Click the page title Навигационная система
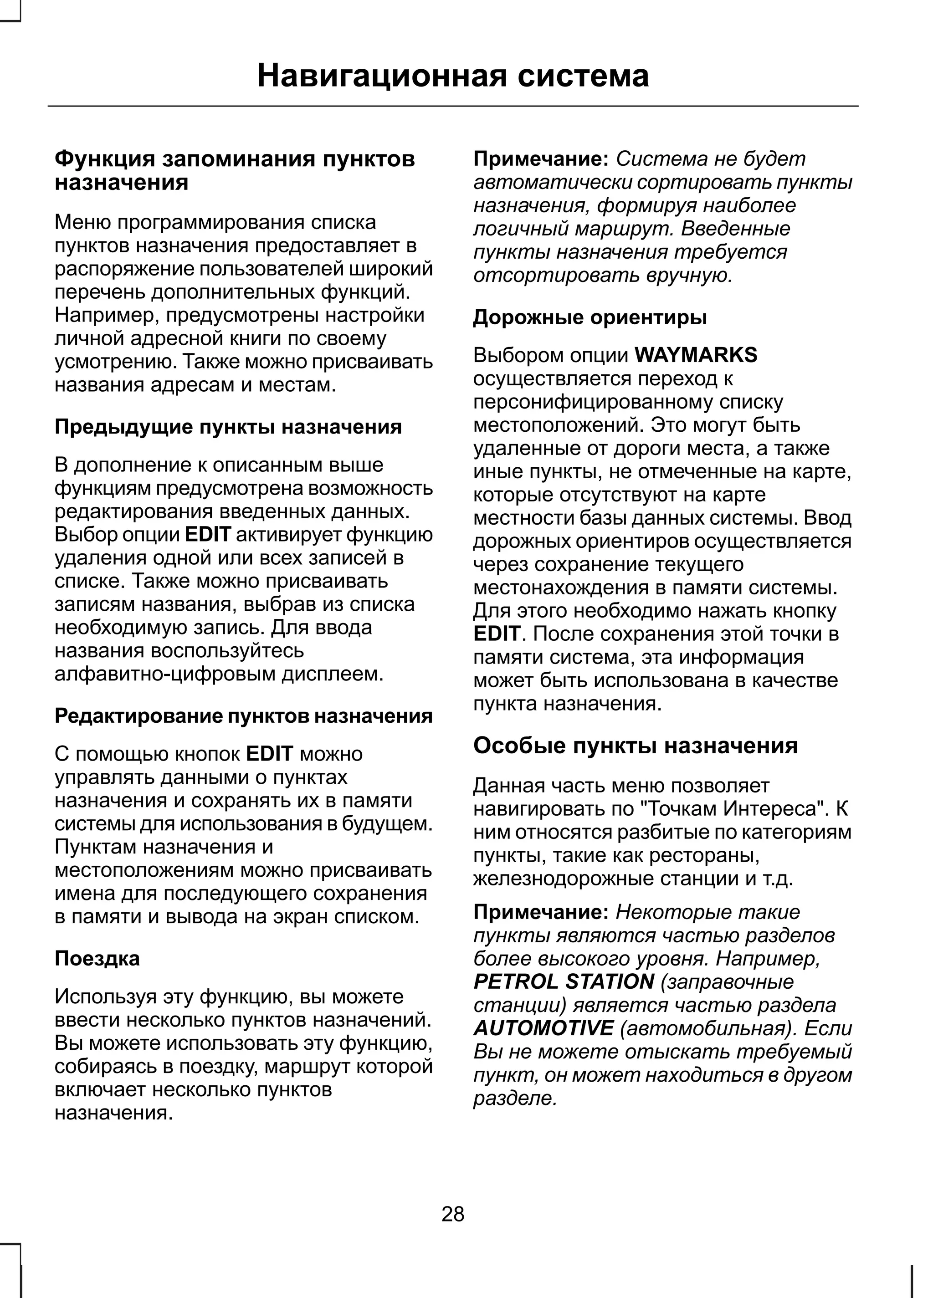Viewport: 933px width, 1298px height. click(x=453, y=76)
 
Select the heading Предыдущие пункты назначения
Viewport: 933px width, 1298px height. click(x=228, y=427)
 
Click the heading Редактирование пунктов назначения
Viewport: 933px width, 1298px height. click(x=243, y=716)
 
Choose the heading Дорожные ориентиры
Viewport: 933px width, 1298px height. click(x=590, y=317)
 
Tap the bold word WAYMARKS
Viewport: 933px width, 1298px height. click(x=696, y=355)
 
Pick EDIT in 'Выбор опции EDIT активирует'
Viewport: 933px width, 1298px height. click(x=207, y=535)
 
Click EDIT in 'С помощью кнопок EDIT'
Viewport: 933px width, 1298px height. click(x=269, y=754)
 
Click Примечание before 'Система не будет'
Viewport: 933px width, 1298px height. click(x=540, y=158)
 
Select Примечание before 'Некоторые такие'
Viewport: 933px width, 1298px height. click(x=540, y=912)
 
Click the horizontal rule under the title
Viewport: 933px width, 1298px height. click(x=453, y=106)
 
